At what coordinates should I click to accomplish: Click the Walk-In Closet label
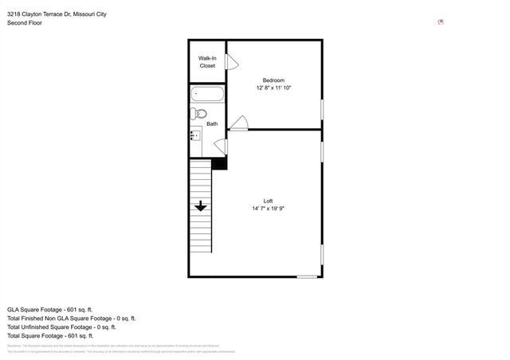[207, 61]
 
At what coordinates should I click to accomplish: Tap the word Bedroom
[273, 80]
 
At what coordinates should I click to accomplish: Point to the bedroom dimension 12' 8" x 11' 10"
[273, 88]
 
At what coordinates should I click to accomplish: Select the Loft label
[269, 200]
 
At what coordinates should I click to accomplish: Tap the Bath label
[212, 123]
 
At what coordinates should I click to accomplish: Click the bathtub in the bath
[208, 95]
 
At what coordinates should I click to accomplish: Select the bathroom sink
[195, 136]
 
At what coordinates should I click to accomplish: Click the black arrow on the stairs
[200, 205]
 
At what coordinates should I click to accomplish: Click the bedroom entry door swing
[239, 123]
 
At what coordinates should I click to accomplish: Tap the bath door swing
[221, 147]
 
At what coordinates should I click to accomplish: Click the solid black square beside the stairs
[220, 162]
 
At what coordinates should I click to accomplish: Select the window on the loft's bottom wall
[306, 277]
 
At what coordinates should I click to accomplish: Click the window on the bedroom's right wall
[322, 109]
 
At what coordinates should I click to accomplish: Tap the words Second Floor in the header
[24, 23]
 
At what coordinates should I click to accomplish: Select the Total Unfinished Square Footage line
[61, 327]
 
